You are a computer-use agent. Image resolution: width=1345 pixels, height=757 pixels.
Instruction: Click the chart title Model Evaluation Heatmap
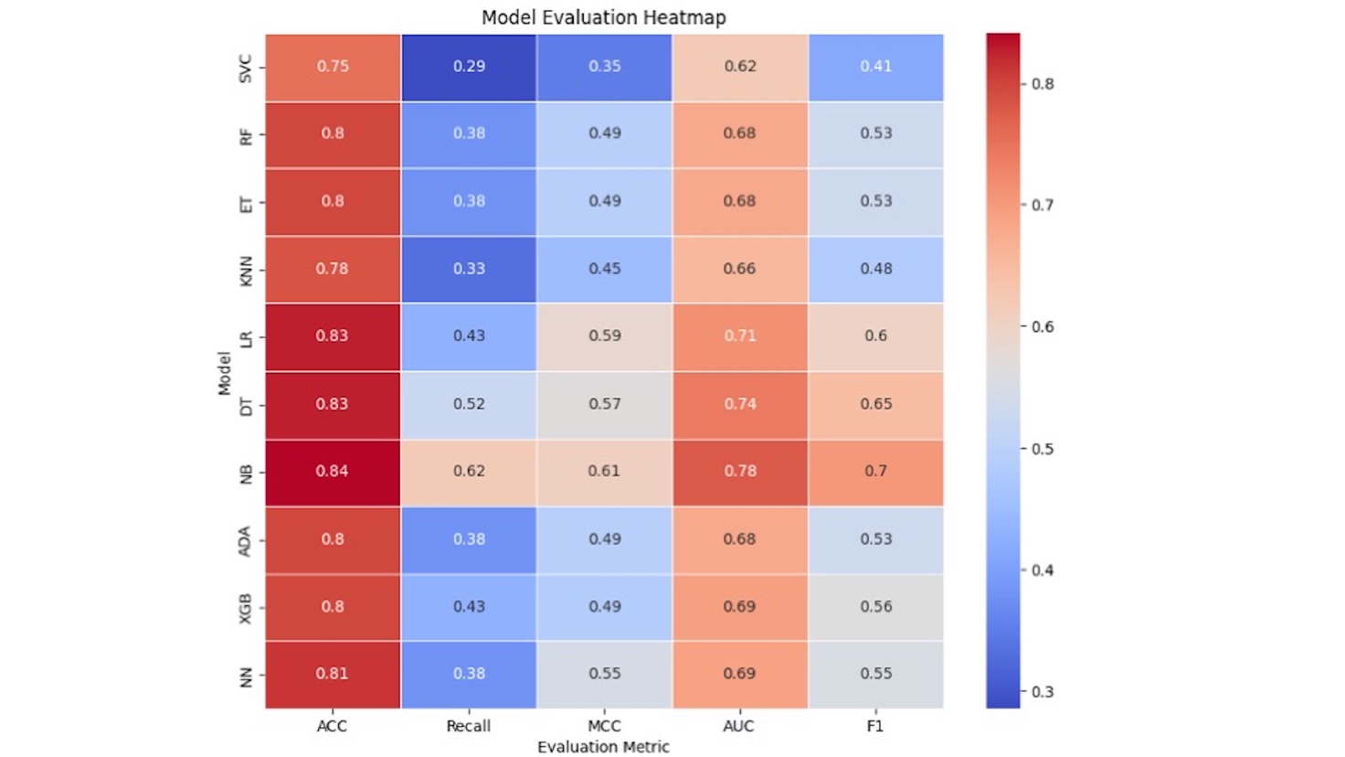pos(603,17)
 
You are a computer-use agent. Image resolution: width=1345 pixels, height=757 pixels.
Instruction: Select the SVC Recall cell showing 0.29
pos(469,67)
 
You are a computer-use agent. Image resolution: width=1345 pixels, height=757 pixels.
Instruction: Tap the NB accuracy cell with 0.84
pos(333,472)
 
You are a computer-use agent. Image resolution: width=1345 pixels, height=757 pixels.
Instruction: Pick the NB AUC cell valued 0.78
pos(740,472)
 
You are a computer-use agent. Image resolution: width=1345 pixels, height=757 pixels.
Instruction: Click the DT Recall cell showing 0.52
pos(469,404)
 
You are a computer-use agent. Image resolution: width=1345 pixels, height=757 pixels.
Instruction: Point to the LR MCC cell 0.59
pos(604,336)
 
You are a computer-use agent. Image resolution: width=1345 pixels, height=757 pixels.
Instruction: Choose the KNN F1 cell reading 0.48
pos(875,269)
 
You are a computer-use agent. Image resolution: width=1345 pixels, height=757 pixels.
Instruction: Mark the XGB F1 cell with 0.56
pos(875,607)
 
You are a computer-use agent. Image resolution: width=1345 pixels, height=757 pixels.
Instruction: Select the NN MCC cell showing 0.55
pos(604,674)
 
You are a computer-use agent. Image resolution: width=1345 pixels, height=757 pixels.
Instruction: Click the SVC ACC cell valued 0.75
pos(333,67)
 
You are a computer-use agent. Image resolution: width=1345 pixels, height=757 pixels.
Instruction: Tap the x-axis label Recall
pos(469,726)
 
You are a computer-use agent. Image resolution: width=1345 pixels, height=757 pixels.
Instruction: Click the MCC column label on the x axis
pos(604,726)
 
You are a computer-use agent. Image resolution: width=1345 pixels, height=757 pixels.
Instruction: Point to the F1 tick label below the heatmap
pos(875,726)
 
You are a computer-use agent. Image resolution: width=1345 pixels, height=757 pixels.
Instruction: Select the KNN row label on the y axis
pos(245,271)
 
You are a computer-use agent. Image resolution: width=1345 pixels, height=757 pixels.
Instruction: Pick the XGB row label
pos(245,608)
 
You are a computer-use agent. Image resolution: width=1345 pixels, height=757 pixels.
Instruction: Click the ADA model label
pos(245,540)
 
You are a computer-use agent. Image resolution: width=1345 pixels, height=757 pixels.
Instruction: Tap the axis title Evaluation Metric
pos(603,747)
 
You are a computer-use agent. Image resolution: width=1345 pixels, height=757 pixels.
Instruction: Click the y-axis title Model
pos(224,372)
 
